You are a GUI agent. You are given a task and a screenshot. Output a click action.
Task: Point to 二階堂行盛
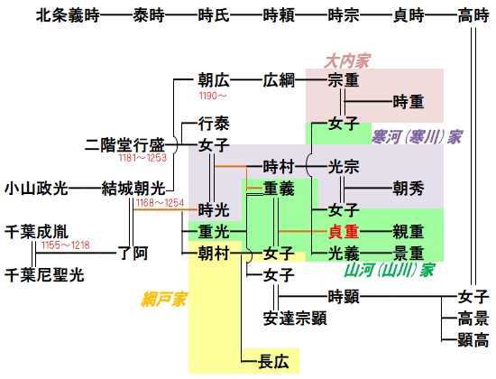coord(126,143)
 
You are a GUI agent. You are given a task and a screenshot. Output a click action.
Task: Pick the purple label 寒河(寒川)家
coord(418,136)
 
